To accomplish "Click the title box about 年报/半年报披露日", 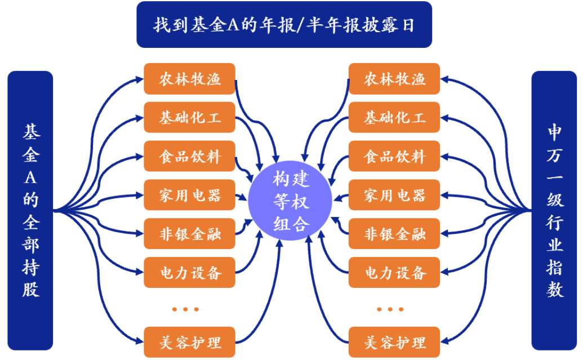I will pos(284,25).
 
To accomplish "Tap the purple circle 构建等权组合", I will pos(291,202).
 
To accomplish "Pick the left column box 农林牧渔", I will pos(189,79).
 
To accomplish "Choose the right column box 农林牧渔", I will pos(394,79).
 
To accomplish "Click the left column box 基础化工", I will pos(189,118).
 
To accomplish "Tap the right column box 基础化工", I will pos(394,118).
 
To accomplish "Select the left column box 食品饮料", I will pos(189,156).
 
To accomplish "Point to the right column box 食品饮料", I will pos(394,156).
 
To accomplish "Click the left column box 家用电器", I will pos(189,195).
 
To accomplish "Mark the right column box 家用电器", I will pos(394,195).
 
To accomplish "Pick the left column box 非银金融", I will pos(189,234).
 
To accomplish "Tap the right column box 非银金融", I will pos(394,234).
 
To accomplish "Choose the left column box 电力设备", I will pos(189,273).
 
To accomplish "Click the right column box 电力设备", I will pos(394,273).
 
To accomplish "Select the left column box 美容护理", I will pos(189,341).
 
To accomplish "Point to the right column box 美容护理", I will pos(394,341).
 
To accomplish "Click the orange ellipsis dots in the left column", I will pos(185,309).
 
